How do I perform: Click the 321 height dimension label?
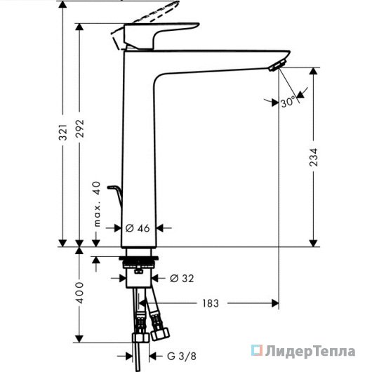[63, 132]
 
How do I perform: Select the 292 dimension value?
[80, 128]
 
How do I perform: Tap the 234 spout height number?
[314, 157]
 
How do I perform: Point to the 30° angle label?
[288, 102]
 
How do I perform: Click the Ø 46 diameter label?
[138, 228]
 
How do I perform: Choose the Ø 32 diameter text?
[182, 278]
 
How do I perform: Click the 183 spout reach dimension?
[211, 303]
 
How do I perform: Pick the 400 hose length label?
[80, 293]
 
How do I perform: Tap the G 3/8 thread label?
[182, 356]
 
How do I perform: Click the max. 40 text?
[97, 204]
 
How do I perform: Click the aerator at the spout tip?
[277, 65]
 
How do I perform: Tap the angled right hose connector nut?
[160, 333]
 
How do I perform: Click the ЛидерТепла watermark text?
[310, 352]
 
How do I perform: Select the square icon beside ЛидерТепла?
[257, 350]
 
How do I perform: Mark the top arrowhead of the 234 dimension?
[314, 72]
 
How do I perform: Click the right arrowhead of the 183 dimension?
[275, 303]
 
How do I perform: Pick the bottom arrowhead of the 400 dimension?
[79, 339]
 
